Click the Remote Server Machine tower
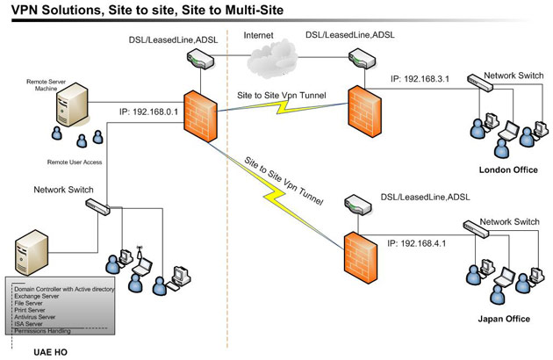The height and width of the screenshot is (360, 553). coord(71,110)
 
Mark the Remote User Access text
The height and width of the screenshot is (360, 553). coord(77,163)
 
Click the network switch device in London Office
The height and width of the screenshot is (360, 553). coord(481,83)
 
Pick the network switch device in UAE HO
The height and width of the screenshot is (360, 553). coord(97,205)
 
